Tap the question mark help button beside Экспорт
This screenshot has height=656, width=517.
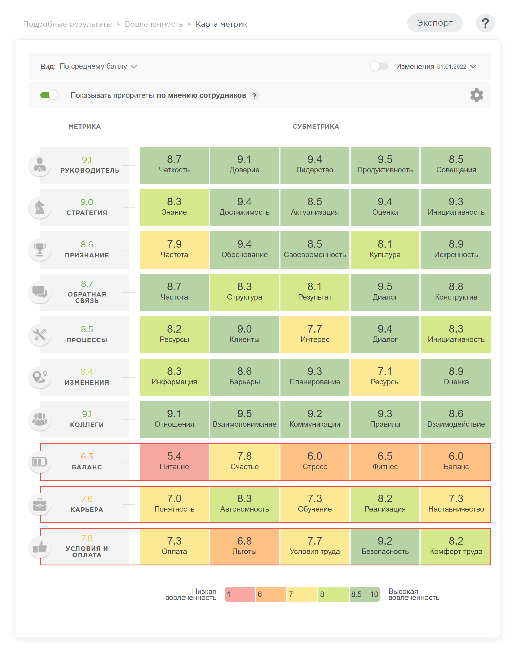coord(485,23)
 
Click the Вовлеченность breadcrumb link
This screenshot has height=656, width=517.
coord(154,24)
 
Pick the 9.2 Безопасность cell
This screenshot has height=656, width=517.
coord(385,546)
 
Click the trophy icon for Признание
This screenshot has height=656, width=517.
coord(40,250)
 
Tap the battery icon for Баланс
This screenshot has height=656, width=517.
coord(40,462)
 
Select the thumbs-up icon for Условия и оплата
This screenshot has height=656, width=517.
coord(40,547)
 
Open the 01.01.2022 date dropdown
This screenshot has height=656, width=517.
coord(457,66)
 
